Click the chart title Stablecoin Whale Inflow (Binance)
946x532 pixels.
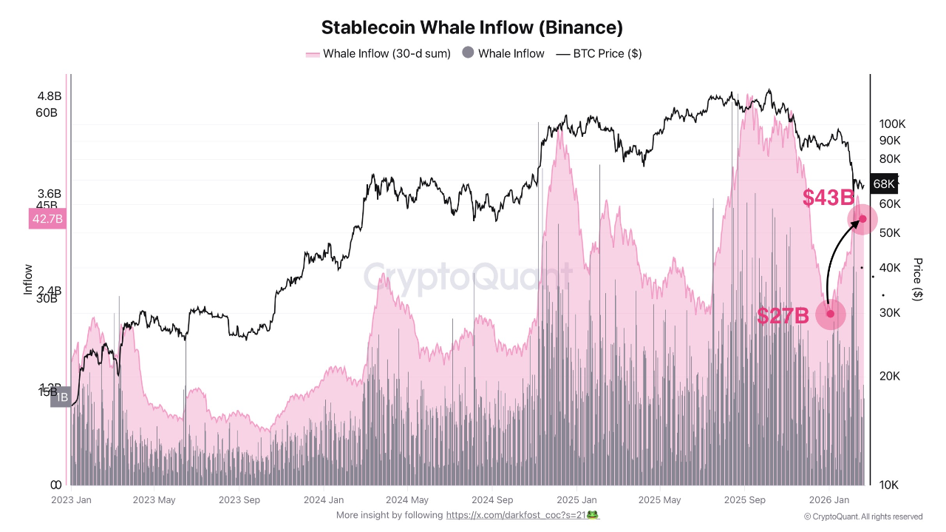[472, 28]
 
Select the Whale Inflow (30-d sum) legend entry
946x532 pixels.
[378, 53]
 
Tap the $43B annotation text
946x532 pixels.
[828, 198]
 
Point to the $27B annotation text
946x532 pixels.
[783, 316]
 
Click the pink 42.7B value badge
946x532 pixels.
[47, 218]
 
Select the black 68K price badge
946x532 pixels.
[883, 183]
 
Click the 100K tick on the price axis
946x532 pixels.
[892, 124]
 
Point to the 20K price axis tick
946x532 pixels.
[889, 376]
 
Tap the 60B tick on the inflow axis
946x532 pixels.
[46, 112]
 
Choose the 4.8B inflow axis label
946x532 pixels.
[50, 95]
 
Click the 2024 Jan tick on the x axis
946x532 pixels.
[324, 500]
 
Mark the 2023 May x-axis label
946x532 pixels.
[154, 500]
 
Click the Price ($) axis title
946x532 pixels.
[917, 279]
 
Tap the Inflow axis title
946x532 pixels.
[28, 280]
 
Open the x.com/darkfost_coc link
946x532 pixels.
[515, 515]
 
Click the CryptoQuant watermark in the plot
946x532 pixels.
[467, 277]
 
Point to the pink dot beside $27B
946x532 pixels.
[830, 314]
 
